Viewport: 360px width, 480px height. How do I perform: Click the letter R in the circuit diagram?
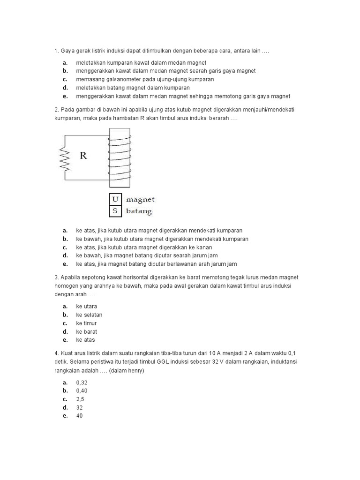[x=83, y=156]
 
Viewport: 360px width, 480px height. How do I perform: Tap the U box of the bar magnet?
[x=115, y=199]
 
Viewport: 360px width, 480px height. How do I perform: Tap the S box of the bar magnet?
[x=115, y=211]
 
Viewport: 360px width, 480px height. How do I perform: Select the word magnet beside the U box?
[x=140, y=200]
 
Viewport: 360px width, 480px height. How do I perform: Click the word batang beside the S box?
[x=139, y=211]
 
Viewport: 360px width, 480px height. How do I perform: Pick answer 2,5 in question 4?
[x=80, y=399]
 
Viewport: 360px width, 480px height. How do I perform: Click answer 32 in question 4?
[x=79, y=408]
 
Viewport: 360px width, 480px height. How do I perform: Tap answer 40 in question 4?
[x=79, y=416]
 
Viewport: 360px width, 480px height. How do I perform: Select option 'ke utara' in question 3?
[x=87, y=306]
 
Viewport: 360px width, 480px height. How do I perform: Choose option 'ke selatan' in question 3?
[x=89, y=315]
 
